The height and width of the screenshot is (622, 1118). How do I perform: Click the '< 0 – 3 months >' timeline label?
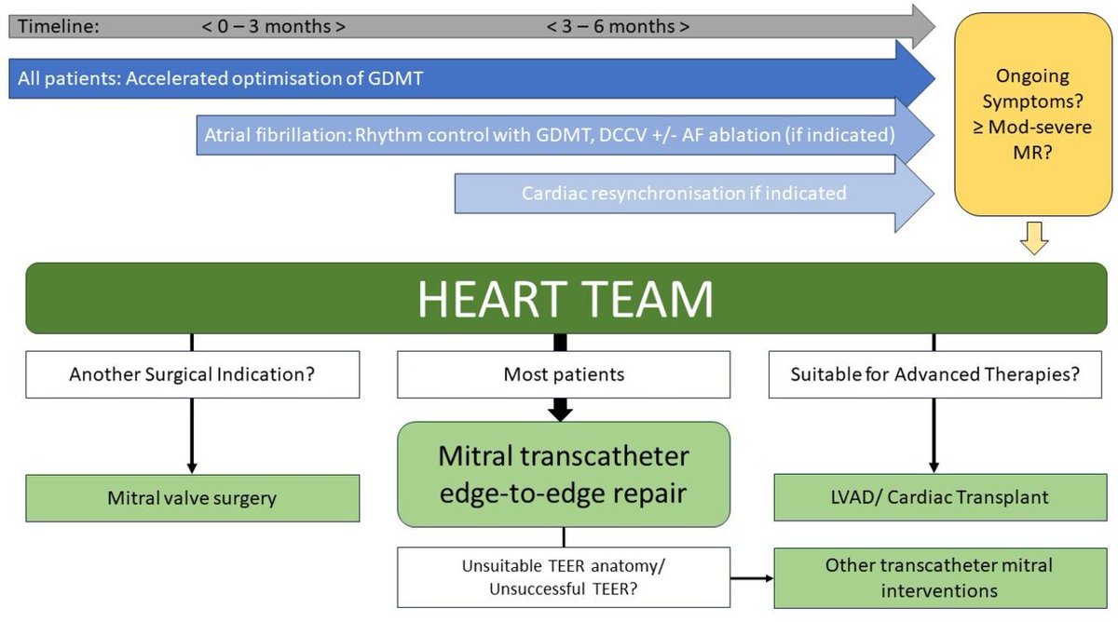[x=274, y=26]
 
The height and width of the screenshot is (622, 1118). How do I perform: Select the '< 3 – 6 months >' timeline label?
[x=618, y=26]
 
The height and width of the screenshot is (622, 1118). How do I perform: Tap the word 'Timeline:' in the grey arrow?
[x=59, y=26]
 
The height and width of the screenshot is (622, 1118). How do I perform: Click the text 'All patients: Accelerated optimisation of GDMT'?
[x=221, y=78]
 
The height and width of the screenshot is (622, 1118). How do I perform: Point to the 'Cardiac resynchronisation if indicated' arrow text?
[x=683, y=193]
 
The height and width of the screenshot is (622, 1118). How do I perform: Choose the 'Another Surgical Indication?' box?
[x=191, y=375]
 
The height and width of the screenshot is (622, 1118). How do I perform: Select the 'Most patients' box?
[x=564, y=375]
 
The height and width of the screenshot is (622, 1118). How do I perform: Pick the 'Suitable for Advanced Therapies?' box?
[x=934, y=375]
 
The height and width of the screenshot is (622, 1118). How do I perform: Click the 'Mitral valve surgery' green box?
[x=191, y=497]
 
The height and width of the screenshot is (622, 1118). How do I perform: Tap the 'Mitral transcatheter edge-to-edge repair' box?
[x=564, y=474]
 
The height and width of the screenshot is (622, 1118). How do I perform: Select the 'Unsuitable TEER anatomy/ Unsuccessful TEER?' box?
[x=563, y=577]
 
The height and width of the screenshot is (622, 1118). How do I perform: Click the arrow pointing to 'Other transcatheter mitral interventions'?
[x=752, y=578]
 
